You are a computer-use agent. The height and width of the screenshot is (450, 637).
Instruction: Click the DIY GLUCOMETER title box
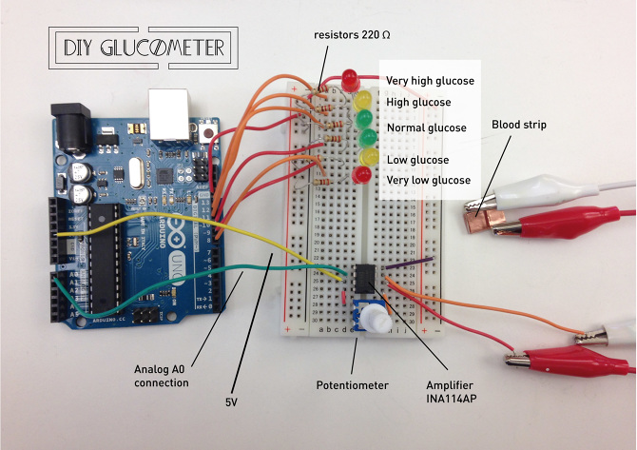143,48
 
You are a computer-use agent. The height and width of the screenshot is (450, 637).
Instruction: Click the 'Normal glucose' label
426,127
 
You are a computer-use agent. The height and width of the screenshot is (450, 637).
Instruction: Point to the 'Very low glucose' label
428,180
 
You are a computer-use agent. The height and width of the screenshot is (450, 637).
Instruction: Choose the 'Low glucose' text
417,160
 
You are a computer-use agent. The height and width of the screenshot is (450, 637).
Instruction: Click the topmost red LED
350,76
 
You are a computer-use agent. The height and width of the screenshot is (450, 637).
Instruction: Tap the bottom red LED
361,174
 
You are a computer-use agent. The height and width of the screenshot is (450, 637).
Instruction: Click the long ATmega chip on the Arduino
104,256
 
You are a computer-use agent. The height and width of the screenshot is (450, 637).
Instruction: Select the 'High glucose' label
418,102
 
